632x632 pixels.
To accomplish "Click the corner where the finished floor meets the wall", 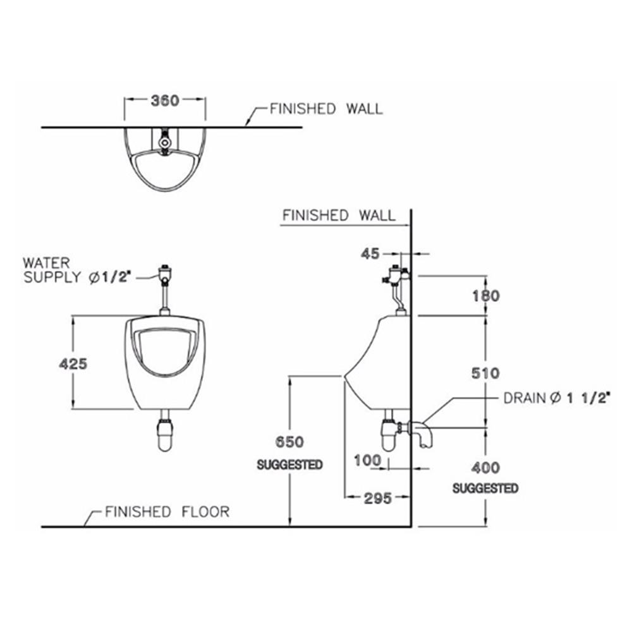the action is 411,526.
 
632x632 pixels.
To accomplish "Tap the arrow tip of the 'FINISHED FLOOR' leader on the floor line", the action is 85,526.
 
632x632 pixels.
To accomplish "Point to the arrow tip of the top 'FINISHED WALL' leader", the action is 246,126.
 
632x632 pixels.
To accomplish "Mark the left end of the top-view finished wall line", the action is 42,128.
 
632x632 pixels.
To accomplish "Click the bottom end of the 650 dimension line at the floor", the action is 290,526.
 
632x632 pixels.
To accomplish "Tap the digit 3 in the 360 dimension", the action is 156,100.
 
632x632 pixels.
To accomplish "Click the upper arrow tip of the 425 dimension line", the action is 73,317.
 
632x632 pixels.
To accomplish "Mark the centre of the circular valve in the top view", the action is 164,142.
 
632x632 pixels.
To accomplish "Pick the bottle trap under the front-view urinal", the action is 164,434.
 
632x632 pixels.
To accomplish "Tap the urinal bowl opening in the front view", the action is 164,351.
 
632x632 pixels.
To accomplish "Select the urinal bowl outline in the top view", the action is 164,159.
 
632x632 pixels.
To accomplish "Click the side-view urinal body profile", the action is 377,363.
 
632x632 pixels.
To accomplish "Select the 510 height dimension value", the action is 485,373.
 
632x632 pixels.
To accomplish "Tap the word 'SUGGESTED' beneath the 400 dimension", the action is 485,488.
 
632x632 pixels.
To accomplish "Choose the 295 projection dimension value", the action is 378,498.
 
